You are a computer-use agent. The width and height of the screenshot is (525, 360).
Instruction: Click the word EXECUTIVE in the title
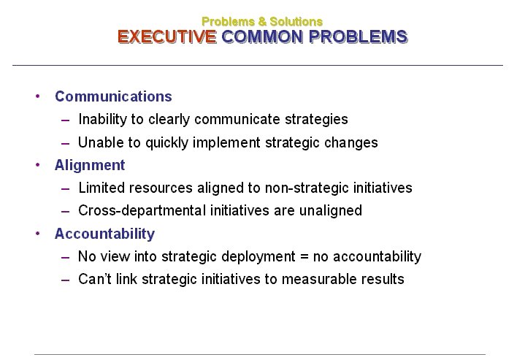[166, 37]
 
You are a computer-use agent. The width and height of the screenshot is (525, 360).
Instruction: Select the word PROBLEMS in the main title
[358, 37]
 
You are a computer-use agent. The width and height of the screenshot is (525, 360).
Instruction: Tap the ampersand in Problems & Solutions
[262, 21]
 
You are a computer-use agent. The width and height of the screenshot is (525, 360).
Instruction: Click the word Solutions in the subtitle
[296, 21]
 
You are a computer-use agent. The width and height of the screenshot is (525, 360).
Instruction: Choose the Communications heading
[113, 96]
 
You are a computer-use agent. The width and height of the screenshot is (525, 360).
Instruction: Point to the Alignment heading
[90, 166]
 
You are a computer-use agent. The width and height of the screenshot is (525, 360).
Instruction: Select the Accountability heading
[105, 234]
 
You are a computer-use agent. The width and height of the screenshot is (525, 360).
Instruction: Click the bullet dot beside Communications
[37, 96]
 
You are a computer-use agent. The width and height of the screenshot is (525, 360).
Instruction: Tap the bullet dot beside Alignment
[37, 165]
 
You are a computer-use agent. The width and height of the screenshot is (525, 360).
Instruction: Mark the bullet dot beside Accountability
[37, 234]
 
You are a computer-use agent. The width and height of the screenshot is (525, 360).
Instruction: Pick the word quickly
[167, 143]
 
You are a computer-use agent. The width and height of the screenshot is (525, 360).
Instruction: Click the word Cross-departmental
[142, 211]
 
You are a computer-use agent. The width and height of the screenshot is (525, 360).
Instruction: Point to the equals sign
[304, 257]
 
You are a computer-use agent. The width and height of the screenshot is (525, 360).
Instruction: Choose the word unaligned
[331, 211]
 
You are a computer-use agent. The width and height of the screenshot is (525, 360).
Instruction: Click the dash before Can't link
[66, 280]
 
